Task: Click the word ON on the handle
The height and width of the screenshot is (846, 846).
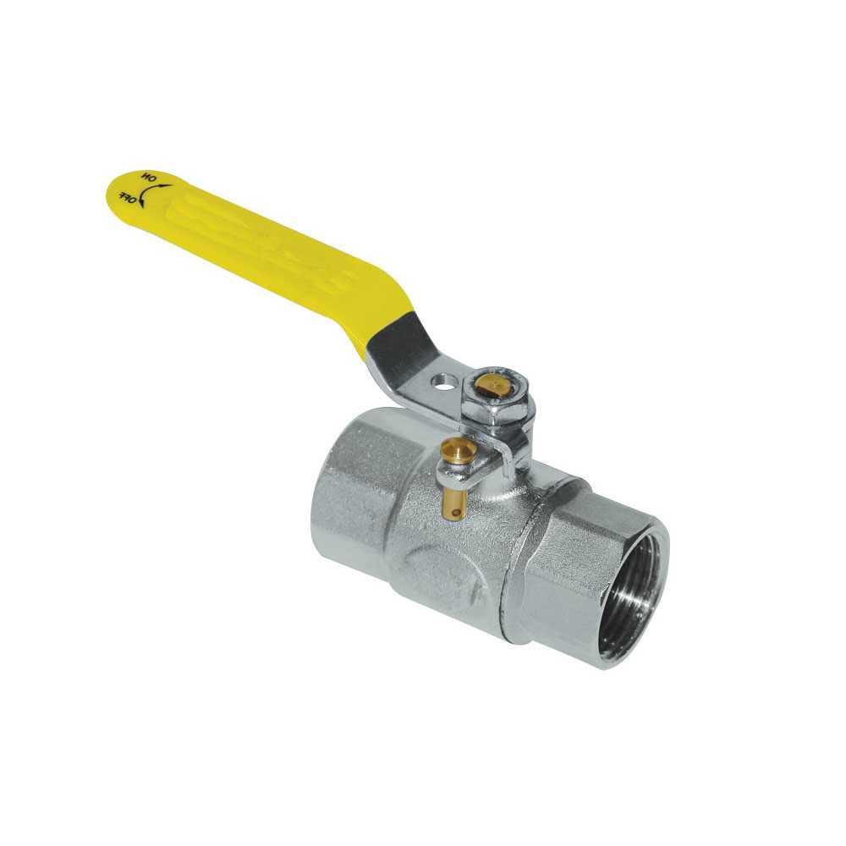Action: pos(148,177)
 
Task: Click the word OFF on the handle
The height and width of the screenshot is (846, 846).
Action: pos(128,197)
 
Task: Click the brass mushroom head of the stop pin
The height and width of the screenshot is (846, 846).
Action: pos(458,451)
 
